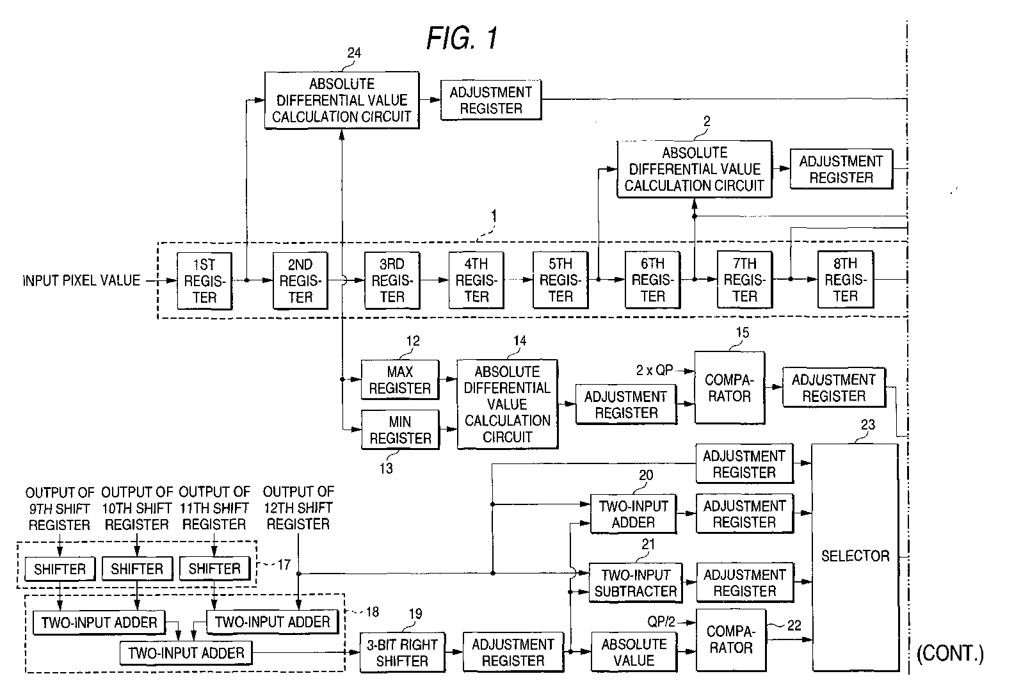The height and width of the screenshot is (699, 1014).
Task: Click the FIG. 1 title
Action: coord(462,38)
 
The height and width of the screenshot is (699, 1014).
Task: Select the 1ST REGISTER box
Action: coord(205,281)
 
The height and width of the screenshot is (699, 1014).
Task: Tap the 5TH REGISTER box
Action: coord(560,280)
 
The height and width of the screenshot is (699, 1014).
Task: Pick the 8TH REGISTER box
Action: coord(846,280)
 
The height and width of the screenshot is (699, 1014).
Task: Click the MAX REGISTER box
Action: coord(400,380)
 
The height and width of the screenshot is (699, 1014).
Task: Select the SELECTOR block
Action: coord(855,557)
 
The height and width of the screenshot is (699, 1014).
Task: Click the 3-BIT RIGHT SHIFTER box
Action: coord(403,652)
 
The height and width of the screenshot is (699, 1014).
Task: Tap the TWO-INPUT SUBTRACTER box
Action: coord(636,582)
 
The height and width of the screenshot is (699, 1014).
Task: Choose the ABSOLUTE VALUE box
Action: coord(634,652)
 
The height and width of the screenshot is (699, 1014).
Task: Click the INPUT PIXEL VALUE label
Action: coord(81,280)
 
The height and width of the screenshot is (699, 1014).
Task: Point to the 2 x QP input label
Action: coord(655,371)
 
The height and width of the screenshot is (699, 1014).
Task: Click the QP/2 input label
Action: coord(661,622)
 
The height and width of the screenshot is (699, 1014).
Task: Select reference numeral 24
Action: coord(354,53)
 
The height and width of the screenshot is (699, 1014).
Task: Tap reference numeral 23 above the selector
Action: coord(868,424)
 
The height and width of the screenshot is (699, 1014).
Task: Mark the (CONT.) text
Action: coord(950,654)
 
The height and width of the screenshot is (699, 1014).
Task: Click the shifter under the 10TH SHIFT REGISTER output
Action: coord(137,568)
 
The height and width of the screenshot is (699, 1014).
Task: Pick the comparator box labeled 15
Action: coord(730,388)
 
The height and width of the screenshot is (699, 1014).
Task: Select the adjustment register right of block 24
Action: coord(491,100)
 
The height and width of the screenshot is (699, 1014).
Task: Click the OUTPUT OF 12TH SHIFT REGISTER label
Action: coord(298,508)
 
